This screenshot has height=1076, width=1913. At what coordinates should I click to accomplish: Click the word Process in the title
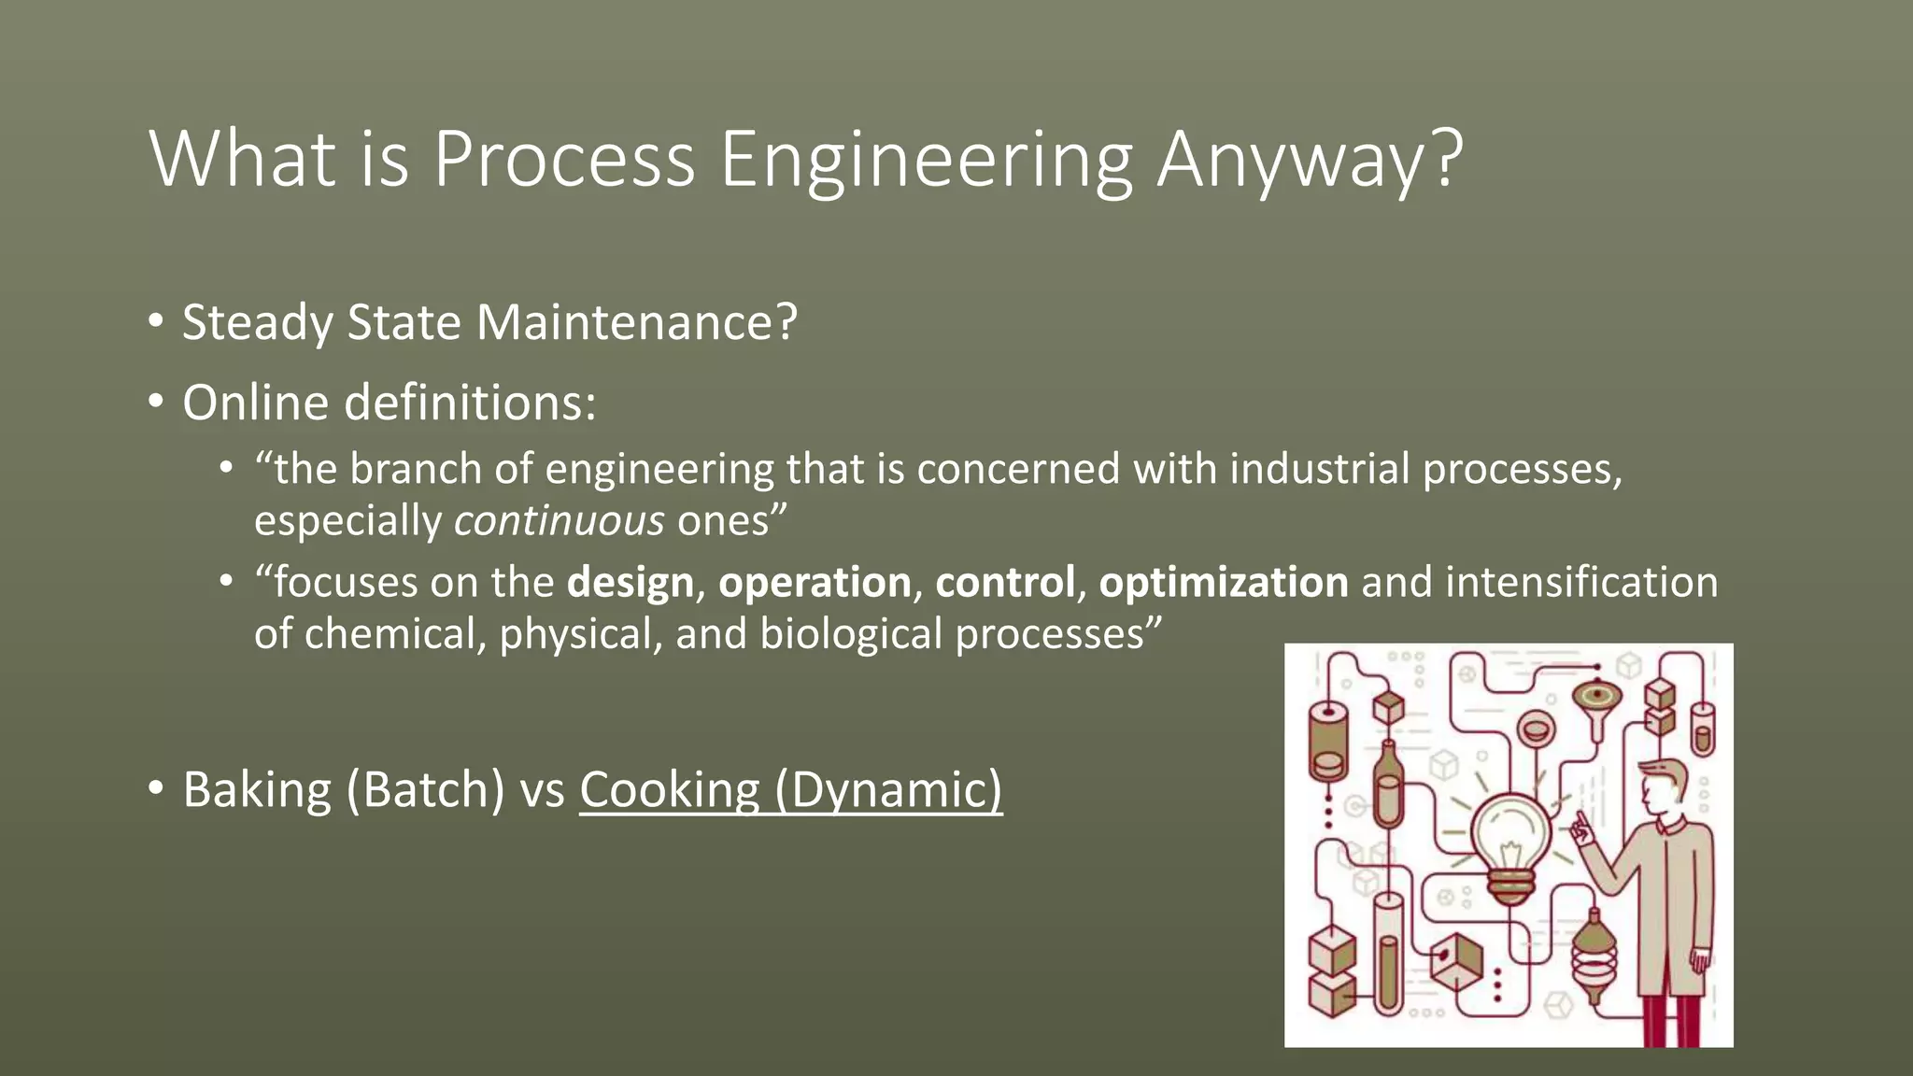coord(564,159)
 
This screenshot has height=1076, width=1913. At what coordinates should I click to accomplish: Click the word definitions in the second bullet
coord(469,403)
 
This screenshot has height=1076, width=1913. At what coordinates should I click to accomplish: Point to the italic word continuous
coord(559,520)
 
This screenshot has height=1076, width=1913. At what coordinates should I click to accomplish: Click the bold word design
coord(631,583)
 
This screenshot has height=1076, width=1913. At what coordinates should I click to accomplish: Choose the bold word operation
coord(815,583)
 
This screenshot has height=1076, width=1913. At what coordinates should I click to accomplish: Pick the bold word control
coord(1005,583)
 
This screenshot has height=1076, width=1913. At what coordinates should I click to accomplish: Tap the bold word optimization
coord(1224,583)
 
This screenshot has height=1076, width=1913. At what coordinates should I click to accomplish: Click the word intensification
coord(1581,583)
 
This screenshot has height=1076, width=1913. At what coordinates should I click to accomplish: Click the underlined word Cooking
coord(670,790)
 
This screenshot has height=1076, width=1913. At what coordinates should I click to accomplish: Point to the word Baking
coord(257,790)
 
